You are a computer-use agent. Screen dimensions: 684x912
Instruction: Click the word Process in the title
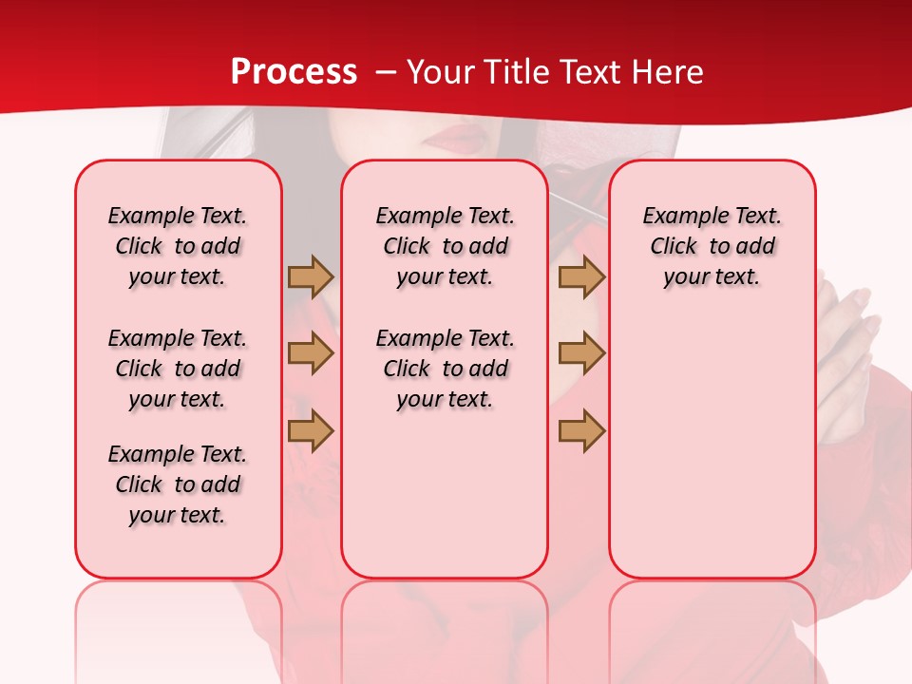click(294, 72)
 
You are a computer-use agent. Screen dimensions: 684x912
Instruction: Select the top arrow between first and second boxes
click(311, 276)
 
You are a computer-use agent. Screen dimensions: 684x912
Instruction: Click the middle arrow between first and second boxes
click(311, 353)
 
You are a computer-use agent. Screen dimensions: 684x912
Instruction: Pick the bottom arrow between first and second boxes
click(311, 430)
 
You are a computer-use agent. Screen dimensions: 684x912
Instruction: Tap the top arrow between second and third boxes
click(581, 276)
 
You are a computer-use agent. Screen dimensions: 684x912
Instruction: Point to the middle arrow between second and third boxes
click(581, 353)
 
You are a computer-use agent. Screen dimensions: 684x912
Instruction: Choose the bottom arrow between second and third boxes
click(581, 430)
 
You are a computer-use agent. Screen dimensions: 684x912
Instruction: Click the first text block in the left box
click(178, 246)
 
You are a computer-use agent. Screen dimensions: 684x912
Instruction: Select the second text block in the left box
click(178, 369)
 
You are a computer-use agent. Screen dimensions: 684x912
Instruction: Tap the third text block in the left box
click(178, 484)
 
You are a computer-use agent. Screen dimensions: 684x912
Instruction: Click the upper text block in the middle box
click(445, 246)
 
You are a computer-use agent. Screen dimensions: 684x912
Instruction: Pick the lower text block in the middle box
click(445, 369)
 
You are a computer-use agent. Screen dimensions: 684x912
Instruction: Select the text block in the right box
click(712, 246)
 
